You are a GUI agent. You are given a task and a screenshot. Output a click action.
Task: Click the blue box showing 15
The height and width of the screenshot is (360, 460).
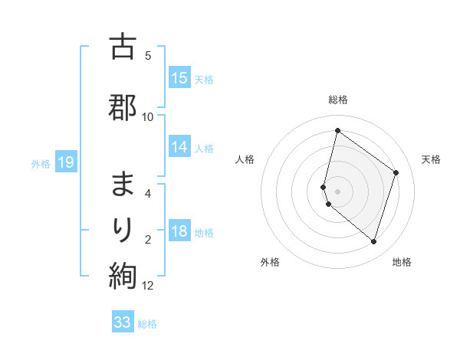click(179, 78)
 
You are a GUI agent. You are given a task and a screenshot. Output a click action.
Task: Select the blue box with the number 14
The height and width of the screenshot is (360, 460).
click(179, 147)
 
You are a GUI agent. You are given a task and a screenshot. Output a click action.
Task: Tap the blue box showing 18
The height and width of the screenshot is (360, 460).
click(179, 232)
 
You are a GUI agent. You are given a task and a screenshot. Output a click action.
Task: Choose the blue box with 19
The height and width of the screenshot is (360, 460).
click(65, 162)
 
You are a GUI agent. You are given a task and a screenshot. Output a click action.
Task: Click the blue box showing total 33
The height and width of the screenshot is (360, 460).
click(123, 322)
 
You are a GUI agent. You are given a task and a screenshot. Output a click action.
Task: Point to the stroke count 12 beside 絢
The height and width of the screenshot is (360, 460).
click(148, 286)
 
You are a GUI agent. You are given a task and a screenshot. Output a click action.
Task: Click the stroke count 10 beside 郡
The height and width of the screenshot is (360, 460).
click(148, 116)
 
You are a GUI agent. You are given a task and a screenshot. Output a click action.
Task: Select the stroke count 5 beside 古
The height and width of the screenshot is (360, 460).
click(148, 55)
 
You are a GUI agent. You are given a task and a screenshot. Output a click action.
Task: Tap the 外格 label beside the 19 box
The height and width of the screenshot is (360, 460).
click(41, 162)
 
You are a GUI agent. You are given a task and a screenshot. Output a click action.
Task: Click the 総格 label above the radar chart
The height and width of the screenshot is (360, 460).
click(337, 100)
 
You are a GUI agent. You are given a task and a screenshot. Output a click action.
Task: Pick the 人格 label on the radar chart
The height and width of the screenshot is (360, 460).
click(245, 159)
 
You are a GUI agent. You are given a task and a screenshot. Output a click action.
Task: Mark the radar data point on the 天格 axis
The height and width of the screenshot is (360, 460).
click(396, 172)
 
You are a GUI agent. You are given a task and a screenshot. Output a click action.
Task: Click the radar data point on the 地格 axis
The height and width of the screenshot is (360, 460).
click(373, 241)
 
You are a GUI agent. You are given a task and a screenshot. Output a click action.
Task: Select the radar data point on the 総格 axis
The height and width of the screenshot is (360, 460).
click(337, 131)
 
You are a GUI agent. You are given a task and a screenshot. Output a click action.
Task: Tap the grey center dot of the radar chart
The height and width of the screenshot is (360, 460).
click(337, 191)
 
